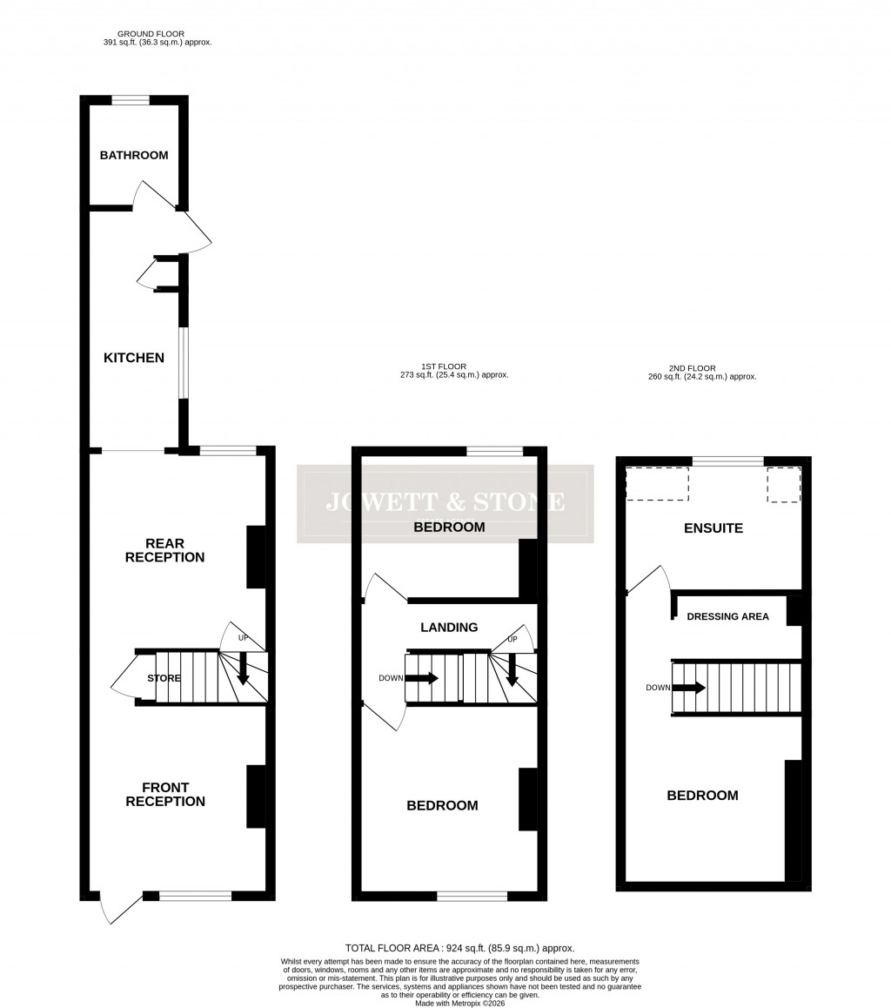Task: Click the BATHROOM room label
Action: [x=134, y=156]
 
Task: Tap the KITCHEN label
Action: [x=134, y=358]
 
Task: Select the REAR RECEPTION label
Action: [x=164, y=550]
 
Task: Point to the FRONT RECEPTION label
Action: [x=165, y=795]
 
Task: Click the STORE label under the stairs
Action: [x=164, y=678]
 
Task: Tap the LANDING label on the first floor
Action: [x=449, y=628]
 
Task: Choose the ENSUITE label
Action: [x=713, y=528]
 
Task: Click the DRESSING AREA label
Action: [x=728, y=617]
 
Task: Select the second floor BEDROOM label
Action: [x=702, y=796]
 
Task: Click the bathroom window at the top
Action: [x=131, y=100]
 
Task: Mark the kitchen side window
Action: [x=184, y=362]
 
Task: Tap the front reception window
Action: [x=195, y=896]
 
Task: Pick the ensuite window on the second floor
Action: [x=727, y=461]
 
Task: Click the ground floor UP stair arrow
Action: [x=243, y=669]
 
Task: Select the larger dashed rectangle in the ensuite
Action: [x=657, y=484]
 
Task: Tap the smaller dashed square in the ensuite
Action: [x=783, y=485]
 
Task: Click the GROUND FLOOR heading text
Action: [x=151, y=34]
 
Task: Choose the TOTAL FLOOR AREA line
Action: [x=459, y=948]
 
